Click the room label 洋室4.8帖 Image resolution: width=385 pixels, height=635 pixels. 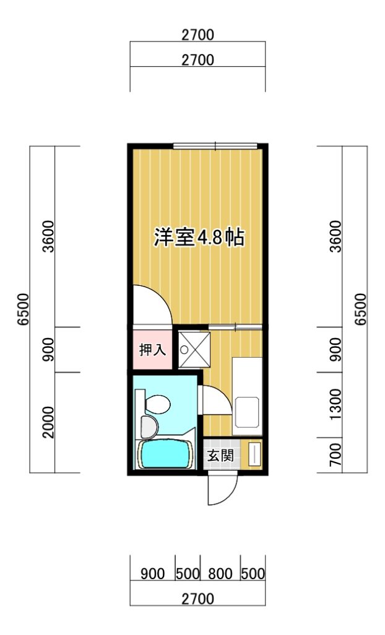point(199,238)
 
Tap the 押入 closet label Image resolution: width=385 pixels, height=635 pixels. point(152,350)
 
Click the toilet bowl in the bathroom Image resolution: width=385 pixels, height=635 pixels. point(158,404)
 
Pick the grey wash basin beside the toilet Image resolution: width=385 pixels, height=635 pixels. point(149,427)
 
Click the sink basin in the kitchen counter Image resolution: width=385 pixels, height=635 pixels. point(247,412)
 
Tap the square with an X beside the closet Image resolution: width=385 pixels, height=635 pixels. point(194,350)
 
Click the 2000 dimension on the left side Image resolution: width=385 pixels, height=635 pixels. point(48,422)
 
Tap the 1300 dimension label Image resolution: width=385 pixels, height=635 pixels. point(335,404)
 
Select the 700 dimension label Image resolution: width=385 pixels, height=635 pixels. point(335,455)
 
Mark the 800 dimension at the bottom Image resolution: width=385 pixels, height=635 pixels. point(220,574)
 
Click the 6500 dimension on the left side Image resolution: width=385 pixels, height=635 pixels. point(23,309)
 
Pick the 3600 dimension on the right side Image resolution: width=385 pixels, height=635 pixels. point(335,236)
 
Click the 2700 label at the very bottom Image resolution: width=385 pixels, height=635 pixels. point(197,598)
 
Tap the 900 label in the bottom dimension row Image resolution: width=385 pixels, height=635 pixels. point(152,574)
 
